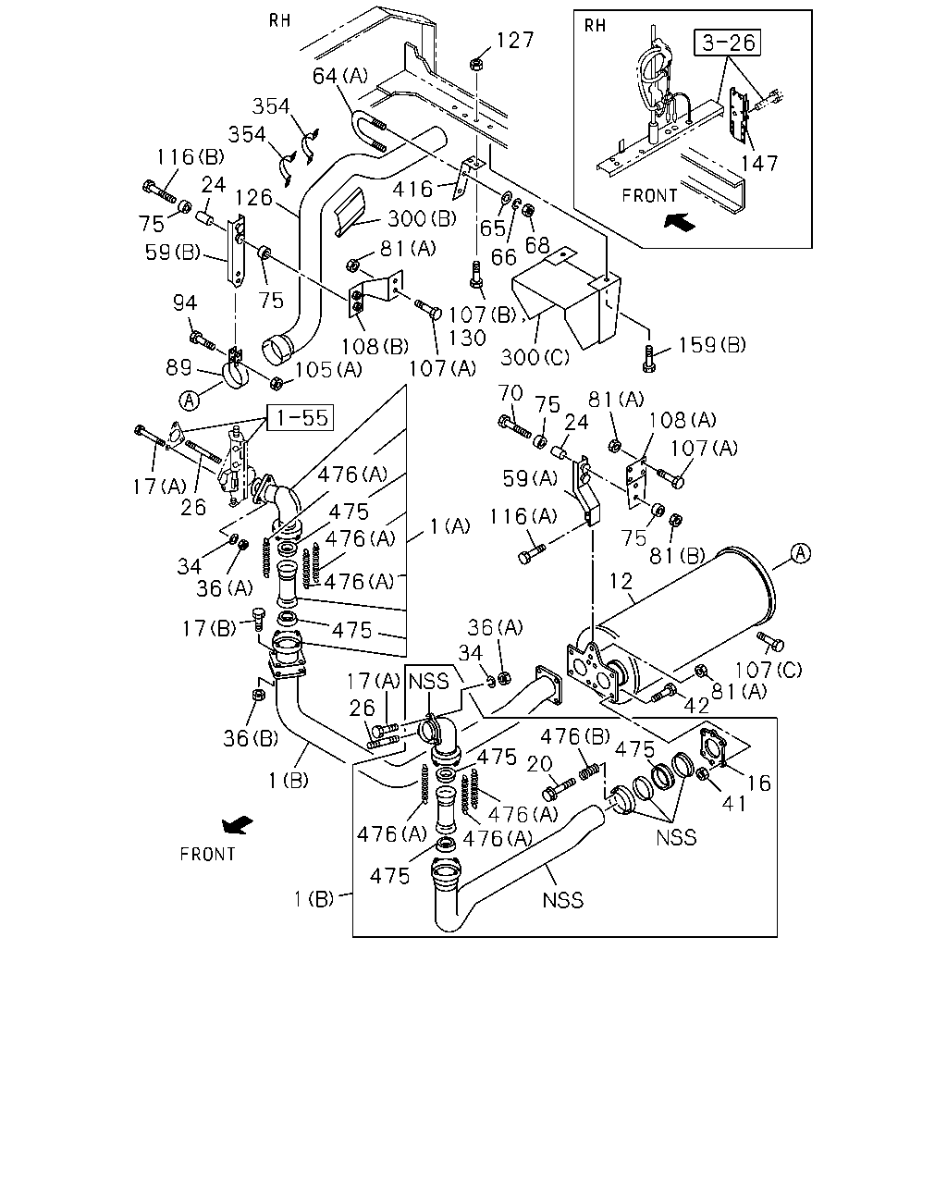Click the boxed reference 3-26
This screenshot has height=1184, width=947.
click(727, 43)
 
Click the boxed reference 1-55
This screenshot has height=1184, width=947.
click(301, 417)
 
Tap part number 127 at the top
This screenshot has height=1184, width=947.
click(515, 40)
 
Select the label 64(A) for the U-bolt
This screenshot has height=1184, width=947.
click(340, 75)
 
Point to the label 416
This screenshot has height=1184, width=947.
click(413, 189)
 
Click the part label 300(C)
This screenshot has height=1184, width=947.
click(535, 358)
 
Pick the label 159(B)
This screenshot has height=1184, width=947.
click(712, 345)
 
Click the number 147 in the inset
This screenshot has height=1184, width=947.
click(760, 164)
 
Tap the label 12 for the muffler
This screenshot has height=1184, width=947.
click(621, 581)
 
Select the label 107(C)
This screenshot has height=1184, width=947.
click(769, 670)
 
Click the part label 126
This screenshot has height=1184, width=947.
click(253, 198)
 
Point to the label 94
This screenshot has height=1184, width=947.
click(185, 302)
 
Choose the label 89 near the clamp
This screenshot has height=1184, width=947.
click(178, 367)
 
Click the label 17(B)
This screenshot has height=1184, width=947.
click(209, 628)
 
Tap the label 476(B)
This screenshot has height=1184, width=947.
click(575, 736)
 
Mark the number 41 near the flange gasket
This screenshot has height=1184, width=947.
click(734, 804)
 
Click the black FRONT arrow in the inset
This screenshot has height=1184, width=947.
click(680, 222)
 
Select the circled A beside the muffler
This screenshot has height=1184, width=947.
click(801, 553)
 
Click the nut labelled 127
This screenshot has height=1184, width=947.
click(476, 65)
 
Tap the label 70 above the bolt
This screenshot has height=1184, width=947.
click(510, 393)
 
